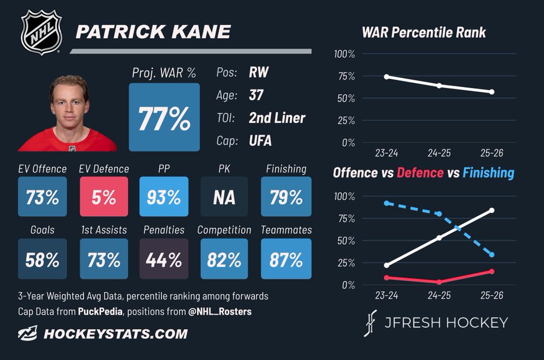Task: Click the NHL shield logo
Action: point(42,32)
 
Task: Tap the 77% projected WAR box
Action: point(164,117)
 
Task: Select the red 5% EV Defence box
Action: point(104,197)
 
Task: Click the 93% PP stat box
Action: point(164,197)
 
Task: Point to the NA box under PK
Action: point(224,197)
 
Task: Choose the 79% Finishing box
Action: point(287,197)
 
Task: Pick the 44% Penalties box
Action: point(164,259)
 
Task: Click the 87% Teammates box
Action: point(287,259)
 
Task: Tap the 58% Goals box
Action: point(42,259)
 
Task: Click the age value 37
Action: point(256,95)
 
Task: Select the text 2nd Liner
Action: point(277,118)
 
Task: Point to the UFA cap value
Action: point(260,141)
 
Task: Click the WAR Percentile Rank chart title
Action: point(424,33)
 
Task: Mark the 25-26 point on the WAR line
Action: point(492,92)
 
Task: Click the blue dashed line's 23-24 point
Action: point(387,203)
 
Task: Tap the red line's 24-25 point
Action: point(439,282)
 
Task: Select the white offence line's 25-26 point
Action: point(492,211)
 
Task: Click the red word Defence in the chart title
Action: point(420,173)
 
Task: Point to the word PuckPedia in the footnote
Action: point(100,312)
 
